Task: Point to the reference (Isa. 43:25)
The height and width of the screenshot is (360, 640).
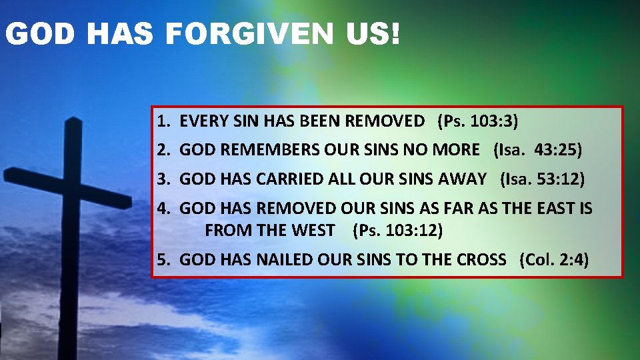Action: (537, 150)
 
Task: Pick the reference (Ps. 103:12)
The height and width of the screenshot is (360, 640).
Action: (397, 231)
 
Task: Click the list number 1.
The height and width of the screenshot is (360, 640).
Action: (163, 121)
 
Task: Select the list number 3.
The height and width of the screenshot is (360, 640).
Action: (163, 179)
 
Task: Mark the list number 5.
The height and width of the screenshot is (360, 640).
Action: (163, 260)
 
